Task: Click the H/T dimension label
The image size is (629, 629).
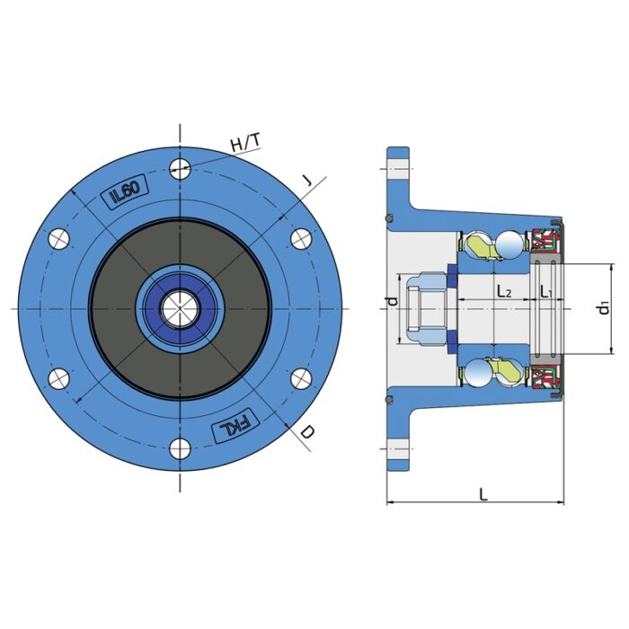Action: click(x=244, y=143)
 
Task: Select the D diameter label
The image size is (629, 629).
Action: click(x=306, y=432)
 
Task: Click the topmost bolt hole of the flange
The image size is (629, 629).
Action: click(x=181, y=167)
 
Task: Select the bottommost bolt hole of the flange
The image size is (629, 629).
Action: click(x=181, y=447)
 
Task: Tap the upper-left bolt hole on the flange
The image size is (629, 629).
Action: click(x=58, y=238)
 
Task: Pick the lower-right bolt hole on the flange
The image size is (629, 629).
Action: click(x=302, y=377)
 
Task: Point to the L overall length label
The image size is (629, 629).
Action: click(x=483, y=493)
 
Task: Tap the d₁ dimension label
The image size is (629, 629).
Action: click(x=604, y=308)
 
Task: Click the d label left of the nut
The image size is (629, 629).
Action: click(x=392, y=301)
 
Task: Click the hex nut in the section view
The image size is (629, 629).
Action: click(x=423, y=307)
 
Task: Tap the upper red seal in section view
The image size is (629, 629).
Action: click(x=545, y=242)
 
